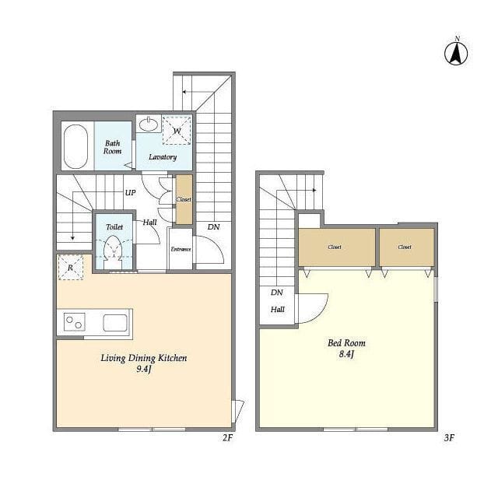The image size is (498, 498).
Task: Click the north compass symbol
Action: pyautogui.click(x=456, y=53)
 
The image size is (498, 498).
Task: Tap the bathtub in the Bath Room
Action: pyautogui.click(x=75, y=146)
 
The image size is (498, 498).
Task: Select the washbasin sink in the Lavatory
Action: pyautogui.click(x=149, y=124)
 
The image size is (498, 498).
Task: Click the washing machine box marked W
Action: pyautogui.click(x=177, y=131)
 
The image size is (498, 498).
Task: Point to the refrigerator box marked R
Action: pyautogui.click(x=71, y=268)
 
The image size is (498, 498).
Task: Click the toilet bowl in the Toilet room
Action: pyautogui.click(x=114, y=248)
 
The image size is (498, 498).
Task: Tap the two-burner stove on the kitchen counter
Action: pyautogui.click(x=75, y=321)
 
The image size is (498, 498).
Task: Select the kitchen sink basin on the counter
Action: pyautogui.click(x=115, y=323)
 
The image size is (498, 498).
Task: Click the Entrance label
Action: pyautogui.click(x=181, y=249)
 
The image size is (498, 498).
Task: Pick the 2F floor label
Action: pyautogui.click(x=227, y=437)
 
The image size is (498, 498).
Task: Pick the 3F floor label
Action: pyautogui.click(x=449, y=438)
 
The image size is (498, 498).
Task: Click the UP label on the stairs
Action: pyautogui.click(x=130, y=193)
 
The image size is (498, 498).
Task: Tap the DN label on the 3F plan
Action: pyautogui.click(x=277, y=293)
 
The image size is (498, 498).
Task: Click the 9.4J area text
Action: pyautogui.click(x=144, y=369)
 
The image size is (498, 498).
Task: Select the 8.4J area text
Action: pyautogui.click(x=346, y=354)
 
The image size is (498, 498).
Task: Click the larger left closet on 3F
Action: pyautogui.click(x=337, y=247)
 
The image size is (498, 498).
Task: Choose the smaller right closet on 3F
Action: pyautogui.click(x=406, y=247)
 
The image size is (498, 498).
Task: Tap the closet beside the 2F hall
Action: pyautogui.click(x=184, y=199)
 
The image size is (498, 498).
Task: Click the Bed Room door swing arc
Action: pyautogui.click(x=319, y=314)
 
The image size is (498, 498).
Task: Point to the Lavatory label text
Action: pyautogui.click(x=163, y=157)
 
